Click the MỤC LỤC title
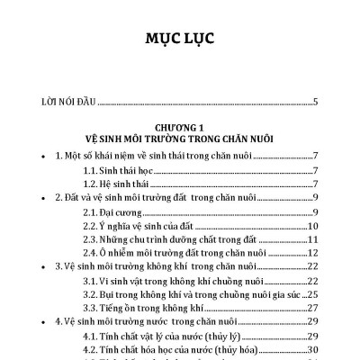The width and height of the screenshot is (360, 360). click(x=179, y=40)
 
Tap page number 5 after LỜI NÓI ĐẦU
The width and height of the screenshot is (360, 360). click(x=315, y=101)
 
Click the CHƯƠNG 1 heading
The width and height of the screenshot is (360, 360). click(x=179, y=127)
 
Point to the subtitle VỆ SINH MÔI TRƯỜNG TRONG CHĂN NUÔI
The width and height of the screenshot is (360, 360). click(x=179, y=139)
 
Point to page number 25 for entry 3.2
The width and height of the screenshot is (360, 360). click(x=312, y=292)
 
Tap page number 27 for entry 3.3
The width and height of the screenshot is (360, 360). click(x=312, y=306)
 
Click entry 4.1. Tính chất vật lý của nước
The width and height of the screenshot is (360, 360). click(x=171, y=335)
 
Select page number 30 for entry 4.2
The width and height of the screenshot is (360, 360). click(x=312, y=348)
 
